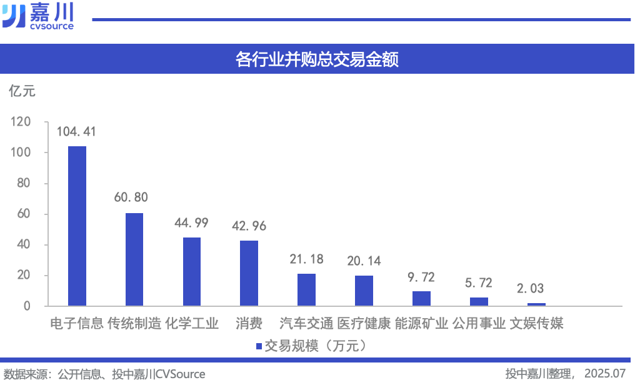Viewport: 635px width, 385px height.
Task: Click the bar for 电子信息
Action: [77, 226]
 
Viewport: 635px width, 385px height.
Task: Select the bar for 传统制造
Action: [134, 259]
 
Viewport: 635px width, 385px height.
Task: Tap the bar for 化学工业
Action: [192, 272]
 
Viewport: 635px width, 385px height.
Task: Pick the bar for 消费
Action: [249, 273]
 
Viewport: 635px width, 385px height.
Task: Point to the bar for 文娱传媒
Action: [536, 304]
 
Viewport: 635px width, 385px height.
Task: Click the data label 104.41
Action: [76, 132]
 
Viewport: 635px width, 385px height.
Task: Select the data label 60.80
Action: [131, 197]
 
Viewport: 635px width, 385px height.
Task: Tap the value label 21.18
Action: [306, 259]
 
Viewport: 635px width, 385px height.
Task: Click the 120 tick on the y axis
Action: [21, 122]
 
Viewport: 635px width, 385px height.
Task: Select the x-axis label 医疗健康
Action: [364, 324]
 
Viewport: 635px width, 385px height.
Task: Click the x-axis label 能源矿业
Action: [421, 324]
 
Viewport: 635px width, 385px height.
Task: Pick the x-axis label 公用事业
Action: [479, 324]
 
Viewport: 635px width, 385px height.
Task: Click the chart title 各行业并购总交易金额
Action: [317, 59]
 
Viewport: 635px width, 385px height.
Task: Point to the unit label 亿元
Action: [22, 91]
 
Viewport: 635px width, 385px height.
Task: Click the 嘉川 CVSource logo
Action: [37, 16]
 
